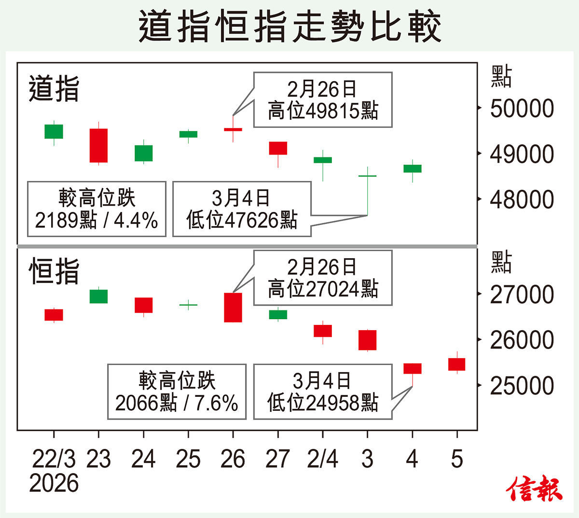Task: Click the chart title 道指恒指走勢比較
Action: (289, 27)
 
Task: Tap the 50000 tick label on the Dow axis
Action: (522, 109)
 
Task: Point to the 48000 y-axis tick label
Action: (522, 199)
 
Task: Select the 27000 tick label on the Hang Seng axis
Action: (522, 294)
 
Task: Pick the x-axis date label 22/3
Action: (54, 459)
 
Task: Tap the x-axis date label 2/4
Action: (322, 459)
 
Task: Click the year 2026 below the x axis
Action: (54, 483)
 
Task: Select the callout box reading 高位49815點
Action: (323, 100)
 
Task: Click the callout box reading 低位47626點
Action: (242, 209)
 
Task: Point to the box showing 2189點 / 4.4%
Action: (96, 209)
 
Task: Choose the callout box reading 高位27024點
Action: (323, 278)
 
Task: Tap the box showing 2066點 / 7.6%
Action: (177, 392)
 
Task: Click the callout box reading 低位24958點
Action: (323, 392)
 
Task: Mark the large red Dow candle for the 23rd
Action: (98, 145)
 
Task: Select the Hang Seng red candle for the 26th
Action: (233, 308)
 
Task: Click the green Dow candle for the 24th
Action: (143, 153)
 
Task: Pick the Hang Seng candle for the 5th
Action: (457, 364)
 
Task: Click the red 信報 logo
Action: (534, 489)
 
